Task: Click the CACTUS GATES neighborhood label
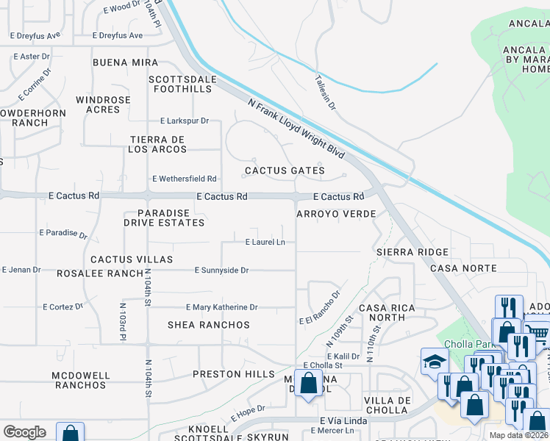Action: click(285, 171)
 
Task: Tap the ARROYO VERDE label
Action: click(336, 214)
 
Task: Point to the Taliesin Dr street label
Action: click(324, 93)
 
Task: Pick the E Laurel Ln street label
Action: click(265, 242)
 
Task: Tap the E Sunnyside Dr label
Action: click(221, 270)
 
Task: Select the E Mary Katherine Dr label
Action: click(221, 307)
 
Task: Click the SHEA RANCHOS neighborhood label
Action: click(209, 325)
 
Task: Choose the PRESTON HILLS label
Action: click(227, 374)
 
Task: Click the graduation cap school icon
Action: click(435, 361)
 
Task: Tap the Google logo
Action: click(24, 432)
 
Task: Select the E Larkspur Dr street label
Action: click(185, 121)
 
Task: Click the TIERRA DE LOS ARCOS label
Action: click(157, 144)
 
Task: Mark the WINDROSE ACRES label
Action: click(103, 104)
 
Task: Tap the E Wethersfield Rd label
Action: click(184, 179)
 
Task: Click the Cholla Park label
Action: click(466, 343)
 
